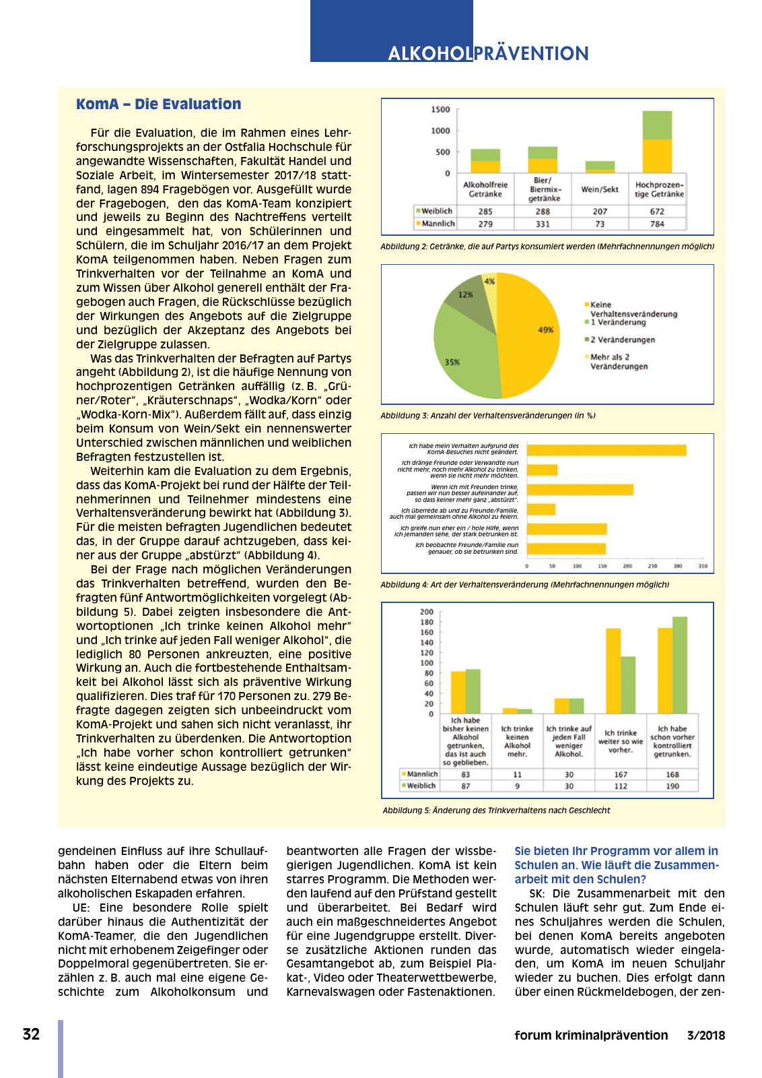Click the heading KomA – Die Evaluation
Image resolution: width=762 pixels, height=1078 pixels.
[x=158, y=104]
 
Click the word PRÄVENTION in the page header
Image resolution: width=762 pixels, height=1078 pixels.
[x=531, y=53]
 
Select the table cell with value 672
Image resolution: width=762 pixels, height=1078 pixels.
[x=657, y=212]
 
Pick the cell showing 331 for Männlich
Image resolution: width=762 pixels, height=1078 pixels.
[x=543, y=224]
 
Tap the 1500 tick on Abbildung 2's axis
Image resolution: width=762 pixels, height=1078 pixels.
[x=440, y=109]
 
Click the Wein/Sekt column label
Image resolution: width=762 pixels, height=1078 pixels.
[x=600, y=189]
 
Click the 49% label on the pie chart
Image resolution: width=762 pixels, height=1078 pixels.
[x=545, y=329]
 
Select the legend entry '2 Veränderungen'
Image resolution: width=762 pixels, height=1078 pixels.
[x=622, y=340]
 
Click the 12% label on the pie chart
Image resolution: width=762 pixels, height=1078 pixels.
[x=465, y=294]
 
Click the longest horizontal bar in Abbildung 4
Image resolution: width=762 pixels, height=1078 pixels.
[x=606, y=450]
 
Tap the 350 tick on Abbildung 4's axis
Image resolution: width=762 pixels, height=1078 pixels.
[x=702, y=567]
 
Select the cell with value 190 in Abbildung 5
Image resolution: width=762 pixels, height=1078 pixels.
[x=672, y=786]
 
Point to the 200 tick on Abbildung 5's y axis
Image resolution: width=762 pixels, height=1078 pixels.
[x=426, y=612]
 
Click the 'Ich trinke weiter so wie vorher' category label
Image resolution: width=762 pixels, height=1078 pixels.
[x=620, y=741]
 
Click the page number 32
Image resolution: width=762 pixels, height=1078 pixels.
[x=31, y=1034]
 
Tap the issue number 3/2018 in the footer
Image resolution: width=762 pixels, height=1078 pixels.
[x=705, y=1036]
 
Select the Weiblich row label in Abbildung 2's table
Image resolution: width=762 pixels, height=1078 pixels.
[x=436, y=212]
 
